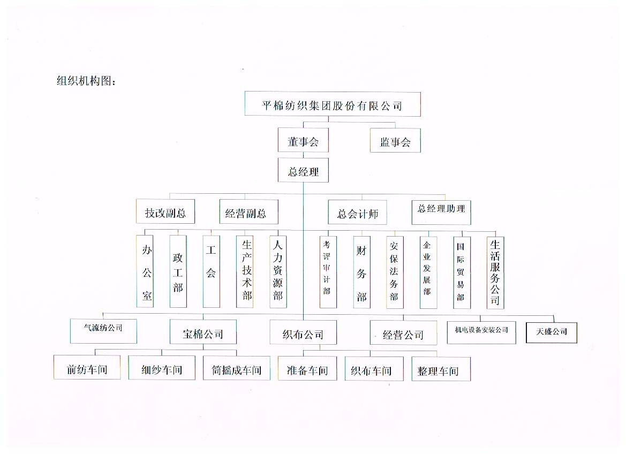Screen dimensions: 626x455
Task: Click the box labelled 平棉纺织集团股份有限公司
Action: pos(333,104)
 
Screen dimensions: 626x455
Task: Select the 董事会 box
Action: pos(303,140)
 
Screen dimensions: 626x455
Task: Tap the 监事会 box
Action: pos(395,140)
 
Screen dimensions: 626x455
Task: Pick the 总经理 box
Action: pos(303,170)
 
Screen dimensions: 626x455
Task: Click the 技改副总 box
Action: pos(165,211)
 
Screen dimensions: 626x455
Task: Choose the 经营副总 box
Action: pos(248,212)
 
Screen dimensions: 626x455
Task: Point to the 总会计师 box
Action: pos(357,213)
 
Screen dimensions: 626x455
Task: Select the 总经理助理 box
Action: pos(441,213)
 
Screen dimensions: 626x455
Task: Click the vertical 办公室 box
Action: pos(145,271)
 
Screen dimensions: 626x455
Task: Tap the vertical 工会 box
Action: pos(211,271)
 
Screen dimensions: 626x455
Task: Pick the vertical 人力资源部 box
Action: pos(278,272)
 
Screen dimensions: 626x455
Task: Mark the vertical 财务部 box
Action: pos(361,272)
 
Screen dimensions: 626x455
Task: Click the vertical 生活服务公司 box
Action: pos(495,273)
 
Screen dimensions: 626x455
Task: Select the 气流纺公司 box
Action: pos(103,331)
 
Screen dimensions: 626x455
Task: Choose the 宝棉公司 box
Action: pos(203,332)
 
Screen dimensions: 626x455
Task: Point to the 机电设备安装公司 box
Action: pos(481,332)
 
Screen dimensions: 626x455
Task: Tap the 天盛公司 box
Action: pos(552,332)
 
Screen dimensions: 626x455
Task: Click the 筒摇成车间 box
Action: pos(236,368)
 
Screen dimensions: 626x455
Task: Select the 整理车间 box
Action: pos(441,369)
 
